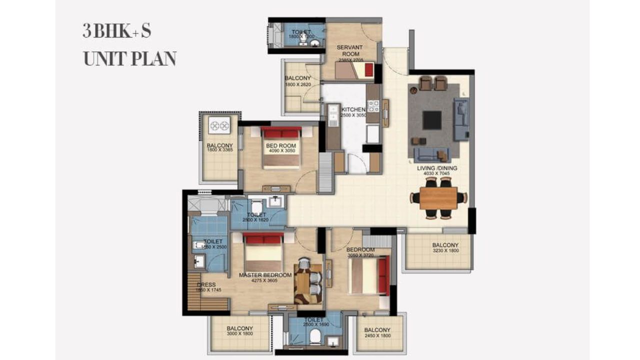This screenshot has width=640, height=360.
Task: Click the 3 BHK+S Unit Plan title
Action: coord(129,44)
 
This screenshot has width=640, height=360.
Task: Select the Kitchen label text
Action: coord(354,109)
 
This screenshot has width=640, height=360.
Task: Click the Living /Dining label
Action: coord(437,168)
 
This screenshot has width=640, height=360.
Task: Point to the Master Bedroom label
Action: coord(265,275)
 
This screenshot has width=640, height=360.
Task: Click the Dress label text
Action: coord(206,285)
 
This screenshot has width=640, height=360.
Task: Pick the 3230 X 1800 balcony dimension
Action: coord(445,251)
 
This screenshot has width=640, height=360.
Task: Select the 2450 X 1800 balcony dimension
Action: coord(377,336)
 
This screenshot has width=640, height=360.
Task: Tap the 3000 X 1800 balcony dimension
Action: coord(240,335)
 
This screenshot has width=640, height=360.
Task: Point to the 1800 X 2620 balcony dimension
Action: coord(298,85)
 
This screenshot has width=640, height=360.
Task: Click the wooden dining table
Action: coord(438,198)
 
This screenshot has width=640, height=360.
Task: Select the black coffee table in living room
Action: coord(432,120)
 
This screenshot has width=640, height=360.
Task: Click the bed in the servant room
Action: coord(354,70)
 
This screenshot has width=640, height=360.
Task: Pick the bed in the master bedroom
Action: coord(263,252)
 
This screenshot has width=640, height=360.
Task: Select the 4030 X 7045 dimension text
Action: coord(437,174)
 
